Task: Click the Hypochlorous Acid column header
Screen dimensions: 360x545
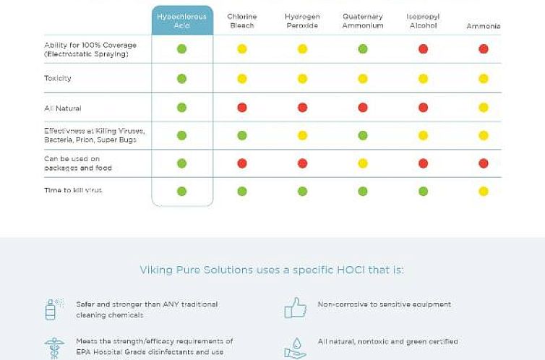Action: tap(182, 21)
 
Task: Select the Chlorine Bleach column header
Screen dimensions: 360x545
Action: tap(241, 21)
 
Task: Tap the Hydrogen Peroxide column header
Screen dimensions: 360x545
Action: tap(302, 21)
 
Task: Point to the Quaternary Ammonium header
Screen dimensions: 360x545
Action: tap(363, 21)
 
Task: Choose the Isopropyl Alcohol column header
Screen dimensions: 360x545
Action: tap(423, 21)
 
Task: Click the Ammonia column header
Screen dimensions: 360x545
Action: tap(483, 26)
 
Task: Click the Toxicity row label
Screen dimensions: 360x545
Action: tap(58, 78)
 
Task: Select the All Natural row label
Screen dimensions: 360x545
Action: tap(63, 108)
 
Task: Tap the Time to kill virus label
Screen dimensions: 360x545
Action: tap(73, 190)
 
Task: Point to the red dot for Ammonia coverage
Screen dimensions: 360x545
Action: tap(484, 49)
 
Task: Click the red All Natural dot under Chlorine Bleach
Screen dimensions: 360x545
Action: tap(242, 108)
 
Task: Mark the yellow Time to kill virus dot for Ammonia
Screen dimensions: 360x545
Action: tap(484, 192)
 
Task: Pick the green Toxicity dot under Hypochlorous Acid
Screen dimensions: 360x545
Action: tap(182, 79)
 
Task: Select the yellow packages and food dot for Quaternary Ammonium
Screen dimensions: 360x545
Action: tap(363, 163)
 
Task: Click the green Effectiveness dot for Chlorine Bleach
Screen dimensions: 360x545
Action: tap(242, 135)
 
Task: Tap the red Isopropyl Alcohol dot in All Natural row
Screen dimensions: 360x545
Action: tap(423, 108)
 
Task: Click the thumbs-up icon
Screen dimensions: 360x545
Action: tap(295, 309)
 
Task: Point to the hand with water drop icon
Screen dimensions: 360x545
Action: tap(295, 347)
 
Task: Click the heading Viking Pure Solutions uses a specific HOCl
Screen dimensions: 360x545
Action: tap(272, 270)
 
